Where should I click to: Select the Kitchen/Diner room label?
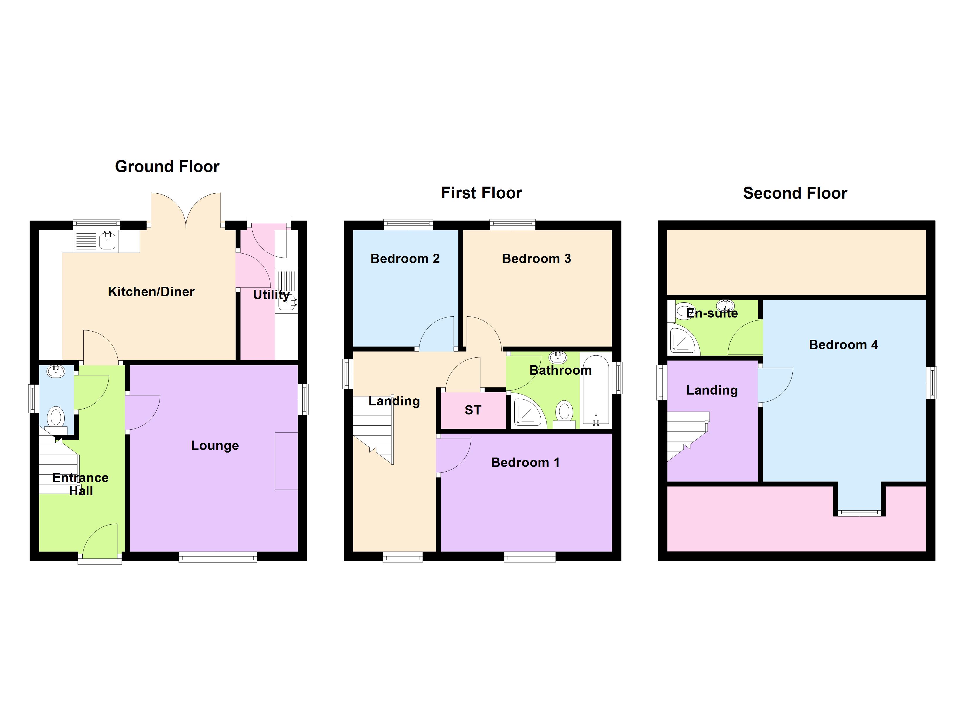(151, 292)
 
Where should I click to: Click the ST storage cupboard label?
(473, 410)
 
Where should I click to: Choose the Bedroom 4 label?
(843, 344)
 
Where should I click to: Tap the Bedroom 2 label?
(405, 258)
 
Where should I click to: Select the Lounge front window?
(218, 557)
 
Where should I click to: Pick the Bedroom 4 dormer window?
(859, 513)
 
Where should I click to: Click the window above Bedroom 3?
(512, 224)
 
